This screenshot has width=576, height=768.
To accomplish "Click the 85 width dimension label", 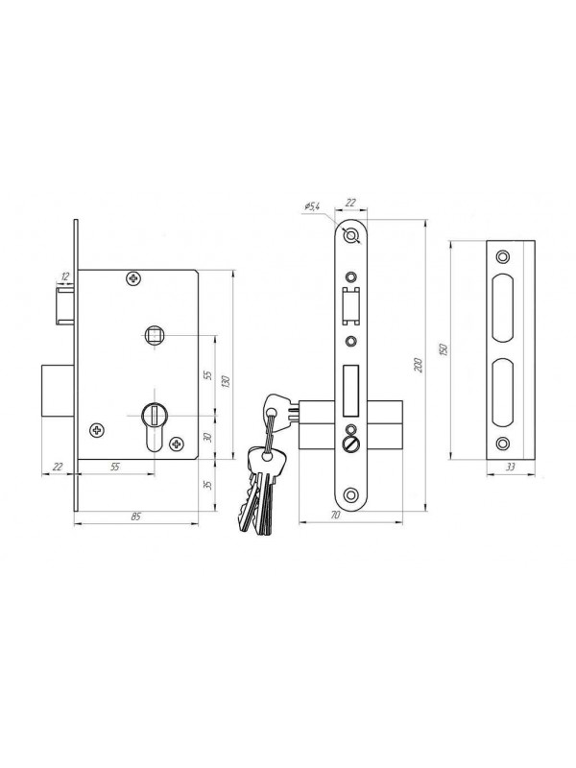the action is pyautogui.click(x=136, y=516).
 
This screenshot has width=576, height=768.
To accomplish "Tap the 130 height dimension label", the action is pyautogui.click(x=226, y=381).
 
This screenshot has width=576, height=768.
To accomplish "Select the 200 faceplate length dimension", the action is pyautogui.click(x=419, y=366).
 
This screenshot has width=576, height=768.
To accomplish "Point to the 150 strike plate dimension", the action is pyautogui.click(x=444, y=350).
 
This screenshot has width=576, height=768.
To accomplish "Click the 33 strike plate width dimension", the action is pyautogui.click(x=511, y=468).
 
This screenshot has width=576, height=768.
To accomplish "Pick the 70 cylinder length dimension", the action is pyautogui.click(x=335, y=516).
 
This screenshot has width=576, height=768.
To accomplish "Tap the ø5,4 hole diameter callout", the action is pyautogui.click(x=311, y=206).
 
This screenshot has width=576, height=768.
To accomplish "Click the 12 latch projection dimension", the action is pyautogui.click(x=64, y=276).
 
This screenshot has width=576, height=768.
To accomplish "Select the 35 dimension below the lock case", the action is pyautogui.click(x=207, y=485).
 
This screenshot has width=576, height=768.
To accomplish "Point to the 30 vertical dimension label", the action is pyautogui.click(x=207, y=437).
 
